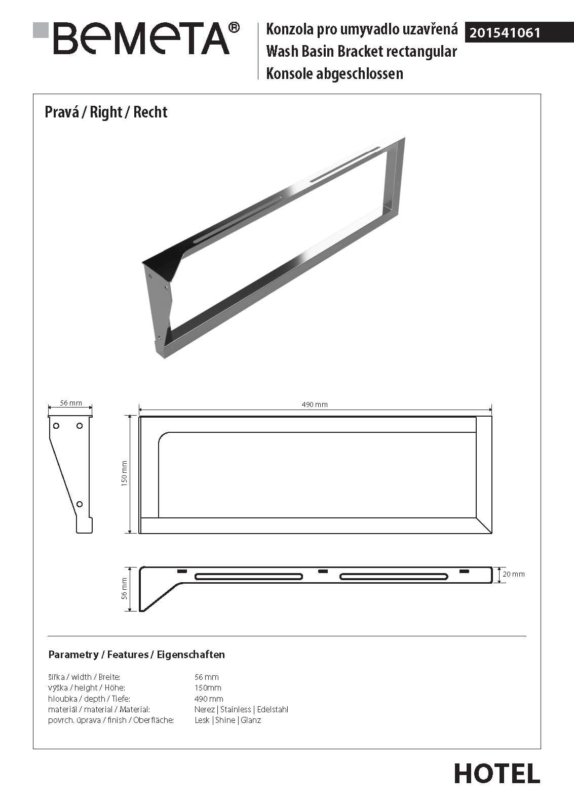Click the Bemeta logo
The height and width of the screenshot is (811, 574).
(x=137, y=38)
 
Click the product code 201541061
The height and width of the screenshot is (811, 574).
(x=505, y=33)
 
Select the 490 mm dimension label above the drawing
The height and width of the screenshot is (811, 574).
(x=315, y=404)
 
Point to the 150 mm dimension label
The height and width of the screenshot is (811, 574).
(x=125, y=473)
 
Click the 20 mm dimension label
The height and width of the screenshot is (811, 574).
(x=513, y=574)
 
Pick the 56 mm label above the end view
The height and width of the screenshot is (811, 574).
(x=71, y=403)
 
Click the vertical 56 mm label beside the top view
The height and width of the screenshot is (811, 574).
(x=125, y=589)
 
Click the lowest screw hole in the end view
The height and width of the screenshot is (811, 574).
(x=80, y=504)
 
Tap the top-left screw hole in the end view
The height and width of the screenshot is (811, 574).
(x=56, y=426)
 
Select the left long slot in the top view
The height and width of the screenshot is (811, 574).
(x=249, y=577)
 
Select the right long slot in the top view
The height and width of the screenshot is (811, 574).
(x=394, y=577)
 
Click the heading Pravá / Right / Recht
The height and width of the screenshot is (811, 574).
(x=106, y=112)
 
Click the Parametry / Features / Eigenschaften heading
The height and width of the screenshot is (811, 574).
(x=136, y=655)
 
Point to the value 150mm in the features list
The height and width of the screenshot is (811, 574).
(x=208, y=687)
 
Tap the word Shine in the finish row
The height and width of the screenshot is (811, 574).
(x=225, y=720)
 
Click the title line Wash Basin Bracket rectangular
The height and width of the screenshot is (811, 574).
(x=361, y=52)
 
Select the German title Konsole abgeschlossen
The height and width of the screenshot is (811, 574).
(x=334, y=74)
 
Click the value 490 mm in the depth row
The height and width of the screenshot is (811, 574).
(x=209, y=699)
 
